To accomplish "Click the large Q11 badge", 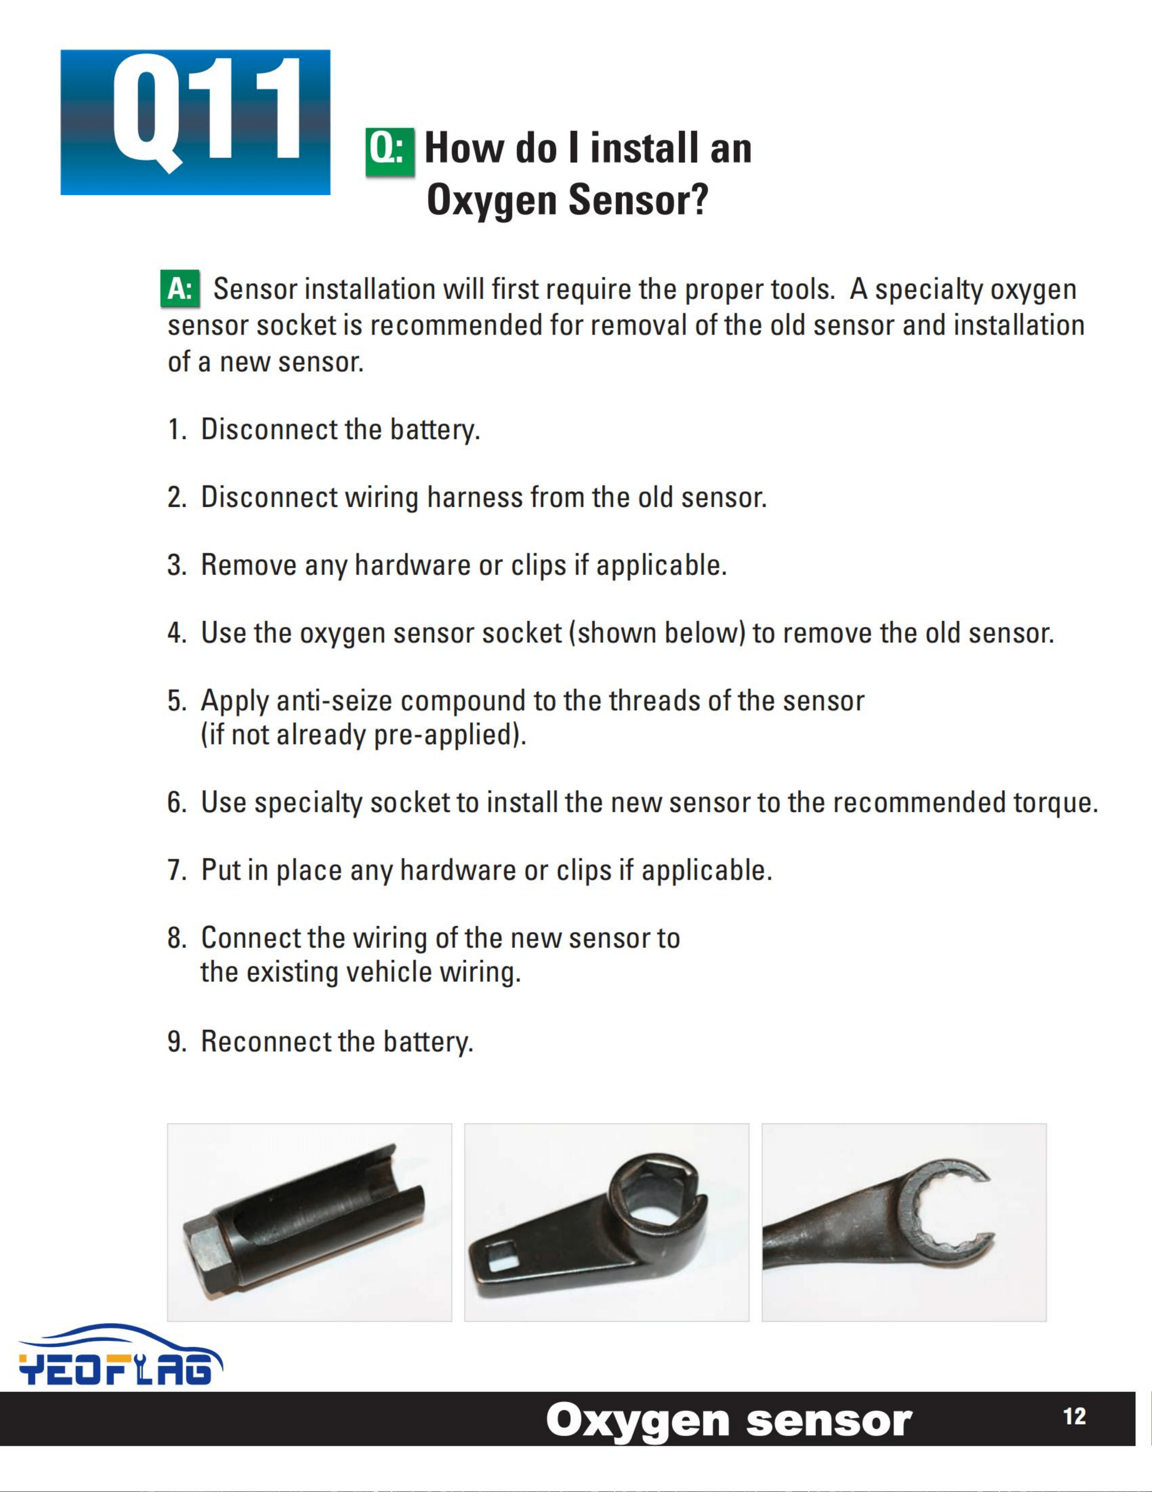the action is point(195,122).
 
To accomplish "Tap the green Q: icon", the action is point(390,152).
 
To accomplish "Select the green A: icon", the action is point(180,288).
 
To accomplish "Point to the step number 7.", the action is point(176,870).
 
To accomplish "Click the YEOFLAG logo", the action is point(121,1354).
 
